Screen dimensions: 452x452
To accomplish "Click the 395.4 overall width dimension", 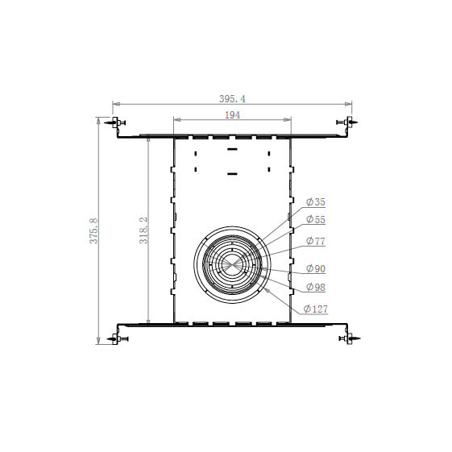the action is point(232,99).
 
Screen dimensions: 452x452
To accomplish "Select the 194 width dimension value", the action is point(232,115).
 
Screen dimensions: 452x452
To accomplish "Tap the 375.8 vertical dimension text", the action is point(93,231).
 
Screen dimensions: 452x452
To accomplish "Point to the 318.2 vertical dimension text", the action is point(143,230).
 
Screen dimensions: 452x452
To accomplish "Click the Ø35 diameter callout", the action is point(316,202).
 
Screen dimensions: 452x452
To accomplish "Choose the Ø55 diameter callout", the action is point(316,219).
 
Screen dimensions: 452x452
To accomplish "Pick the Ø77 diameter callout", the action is point(316,241).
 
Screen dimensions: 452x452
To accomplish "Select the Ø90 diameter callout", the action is point(316,268).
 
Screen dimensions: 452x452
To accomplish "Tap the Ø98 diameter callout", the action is point(316,287).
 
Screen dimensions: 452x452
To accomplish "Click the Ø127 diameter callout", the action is point(316,309).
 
